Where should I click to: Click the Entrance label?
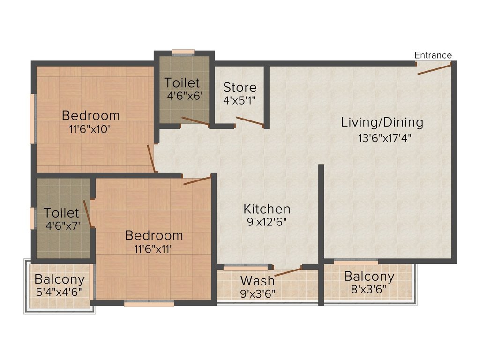point(433,55)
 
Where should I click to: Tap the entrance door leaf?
point(435,69)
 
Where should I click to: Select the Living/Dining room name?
point(382,122)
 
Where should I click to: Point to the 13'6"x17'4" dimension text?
point(384,138)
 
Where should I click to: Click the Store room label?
point(240,88)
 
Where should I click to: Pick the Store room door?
point(250,121)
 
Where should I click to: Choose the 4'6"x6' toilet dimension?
point(185,96)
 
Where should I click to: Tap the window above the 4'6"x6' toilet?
point(183,52)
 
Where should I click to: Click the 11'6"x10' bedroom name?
point(90,116)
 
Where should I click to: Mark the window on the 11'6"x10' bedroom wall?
point(33,119)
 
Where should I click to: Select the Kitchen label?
point(267,209)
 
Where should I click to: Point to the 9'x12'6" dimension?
point(267,222)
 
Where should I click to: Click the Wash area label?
point(257,281)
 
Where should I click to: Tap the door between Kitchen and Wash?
point(288,272)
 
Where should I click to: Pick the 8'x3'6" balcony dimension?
point(368,289)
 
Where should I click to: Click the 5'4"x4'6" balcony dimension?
point(59,292)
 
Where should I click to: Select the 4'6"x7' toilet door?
point(88,214)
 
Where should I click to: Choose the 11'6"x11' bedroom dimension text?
point(152,249)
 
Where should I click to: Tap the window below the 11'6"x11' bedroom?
point(149,304)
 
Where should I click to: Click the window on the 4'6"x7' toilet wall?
point(33,218)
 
